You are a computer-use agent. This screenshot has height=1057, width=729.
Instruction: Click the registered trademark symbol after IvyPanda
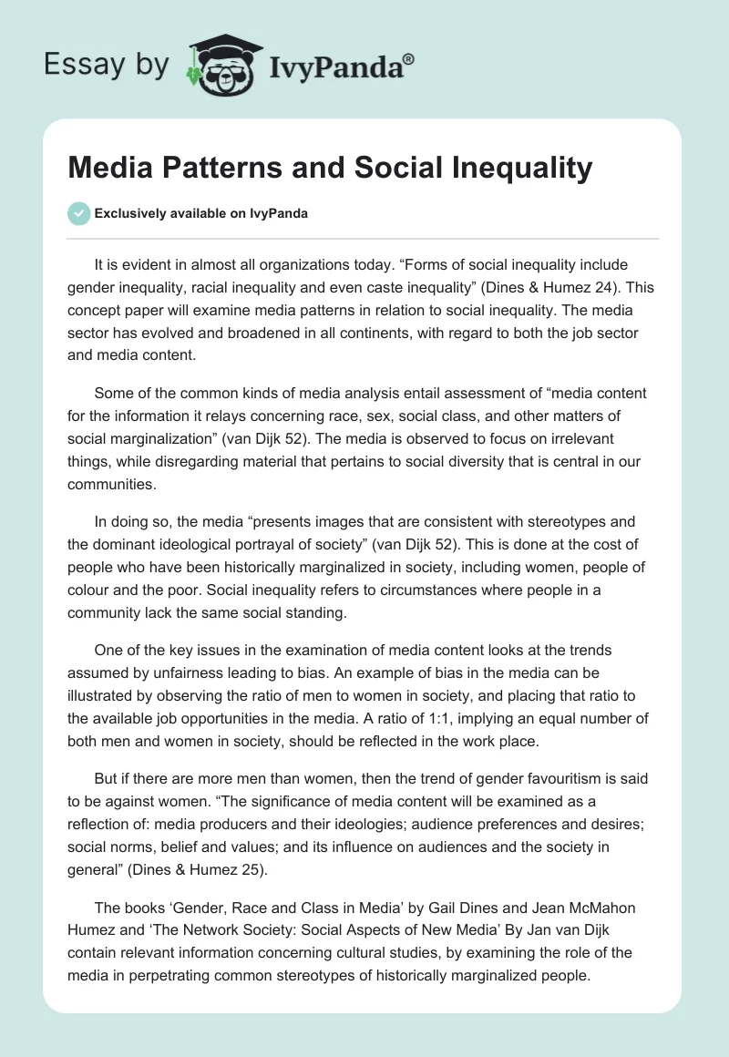click(x=408, y=59)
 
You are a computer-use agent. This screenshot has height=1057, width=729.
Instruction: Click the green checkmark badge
click(x=78, y=213)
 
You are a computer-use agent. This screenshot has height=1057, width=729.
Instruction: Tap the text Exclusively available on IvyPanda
click(x=201, y=213)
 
